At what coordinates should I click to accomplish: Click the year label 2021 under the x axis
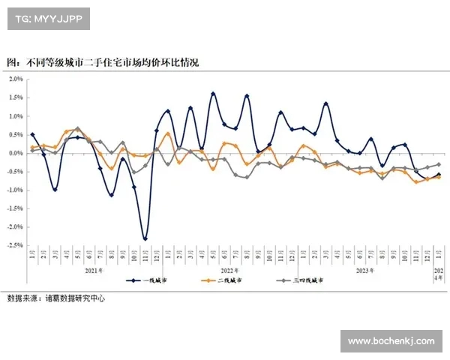[x=94, y=269]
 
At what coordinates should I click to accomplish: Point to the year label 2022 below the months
[x=229, y=269]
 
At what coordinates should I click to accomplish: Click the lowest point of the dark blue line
[x=145, y=238]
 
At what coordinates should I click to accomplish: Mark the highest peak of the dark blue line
[x=213, y=94]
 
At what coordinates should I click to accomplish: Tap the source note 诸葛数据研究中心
[x=56, y=298]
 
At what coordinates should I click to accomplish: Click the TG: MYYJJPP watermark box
[x=49, y=18]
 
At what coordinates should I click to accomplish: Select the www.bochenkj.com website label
[x=391, y=341]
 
